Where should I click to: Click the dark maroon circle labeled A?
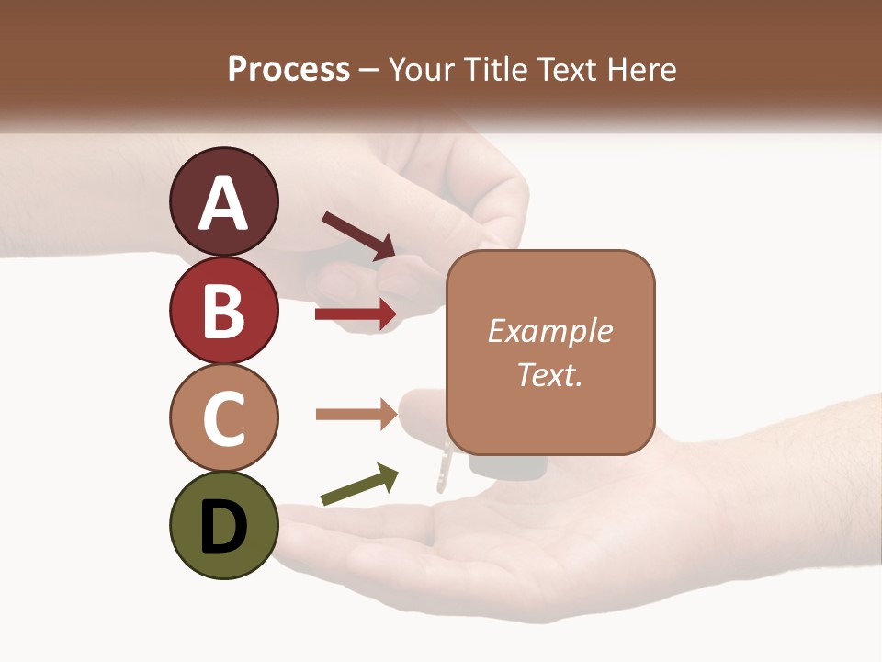[x=223, y=201]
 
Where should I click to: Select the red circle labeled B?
[x=223, y=310]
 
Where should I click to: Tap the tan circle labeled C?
[x=223, y=418]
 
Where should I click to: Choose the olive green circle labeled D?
[x=223, y=526]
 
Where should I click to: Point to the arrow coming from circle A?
[x=358, y=235]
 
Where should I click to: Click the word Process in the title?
[x=288, y=69]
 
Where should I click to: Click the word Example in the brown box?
[x=550, y=331]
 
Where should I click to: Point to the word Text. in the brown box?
[x=550, y=374]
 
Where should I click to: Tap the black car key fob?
[x=505, y=466]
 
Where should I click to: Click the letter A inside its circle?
[x=223, y=203]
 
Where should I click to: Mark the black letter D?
[x=223, y=528]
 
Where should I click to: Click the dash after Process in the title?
[x=368, y=70]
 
